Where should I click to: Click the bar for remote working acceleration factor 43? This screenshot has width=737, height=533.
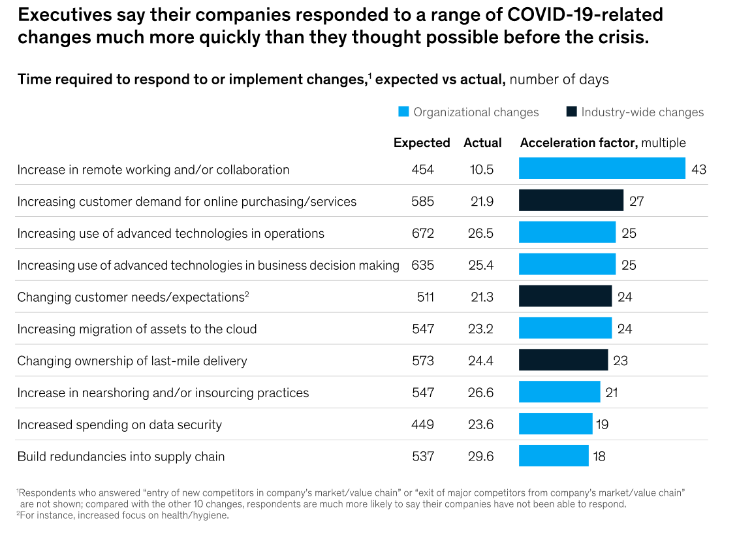[x=601, y=169]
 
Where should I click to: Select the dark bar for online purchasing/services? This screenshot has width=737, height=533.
[x=571, y=201]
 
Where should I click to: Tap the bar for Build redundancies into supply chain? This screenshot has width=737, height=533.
[x=553, y=456]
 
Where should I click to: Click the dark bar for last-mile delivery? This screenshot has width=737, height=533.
[x=563, y=361]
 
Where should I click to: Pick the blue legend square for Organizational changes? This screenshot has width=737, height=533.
[x=403, y=112]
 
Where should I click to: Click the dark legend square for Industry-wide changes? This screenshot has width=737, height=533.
[x=571, y=112]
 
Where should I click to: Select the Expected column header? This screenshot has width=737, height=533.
[x=422, y=142]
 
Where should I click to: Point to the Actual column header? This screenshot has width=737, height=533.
[x=482, y=142]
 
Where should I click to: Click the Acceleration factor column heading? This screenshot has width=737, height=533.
[x=578, y=142]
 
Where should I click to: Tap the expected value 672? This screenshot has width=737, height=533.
[x=422, y=233]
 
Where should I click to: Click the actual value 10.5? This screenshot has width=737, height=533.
[x=481, y=169]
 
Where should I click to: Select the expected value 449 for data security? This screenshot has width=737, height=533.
[x=422, y=425]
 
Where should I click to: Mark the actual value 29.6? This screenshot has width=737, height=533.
[x=481, y=457]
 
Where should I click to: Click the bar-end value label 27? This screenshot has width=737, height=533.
[x=636, y=201]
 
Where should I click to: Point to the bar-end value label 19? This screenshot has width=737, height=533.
[x=602, y=425]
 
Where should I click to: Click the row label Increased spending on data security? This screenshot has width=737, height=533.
[x=119, y=425]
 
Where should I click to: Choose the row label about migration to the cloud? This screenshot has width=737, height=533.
[x=137, y=329]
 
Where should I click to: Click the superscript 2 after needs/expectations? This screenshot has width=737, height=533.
[x=247, y=294]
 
